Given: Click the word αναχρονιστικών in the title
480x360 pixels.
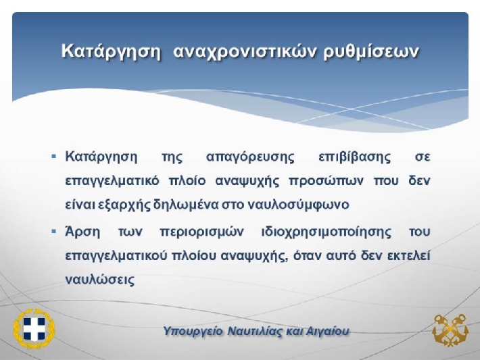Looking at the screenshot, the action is (244, 51).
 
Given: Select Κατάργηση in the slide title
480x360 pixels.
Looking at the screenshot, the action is (111, 51).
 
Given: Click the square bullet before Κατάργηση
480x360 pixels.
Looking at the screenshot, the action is (54, 157).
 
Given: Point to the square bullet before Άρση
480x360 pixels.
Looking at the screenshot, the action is (54, 232).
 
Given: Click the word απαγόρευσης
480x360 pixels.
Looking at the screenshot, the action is (250, 157).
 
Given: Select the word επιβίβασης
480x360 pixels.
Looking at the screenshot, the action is (354, 157).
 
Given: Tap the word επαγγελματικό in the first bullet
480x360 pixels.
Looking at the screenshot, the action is (112, 182).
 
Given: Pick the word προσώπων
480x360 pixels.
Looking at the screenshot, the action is (327, 181).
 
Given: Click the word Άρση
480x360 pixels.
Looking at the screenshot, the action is (82, 232).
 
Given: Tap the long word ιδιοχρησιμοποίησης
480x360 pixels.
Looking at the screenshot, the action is (327, 232).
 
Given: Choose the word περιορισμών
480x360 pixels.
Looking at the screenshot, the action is (202, 232).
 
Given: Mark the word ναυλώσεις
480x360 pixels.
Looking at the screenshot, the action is (100, 280).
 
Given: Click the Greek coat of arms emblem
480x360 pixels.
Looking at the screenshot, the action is (34, 328).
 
